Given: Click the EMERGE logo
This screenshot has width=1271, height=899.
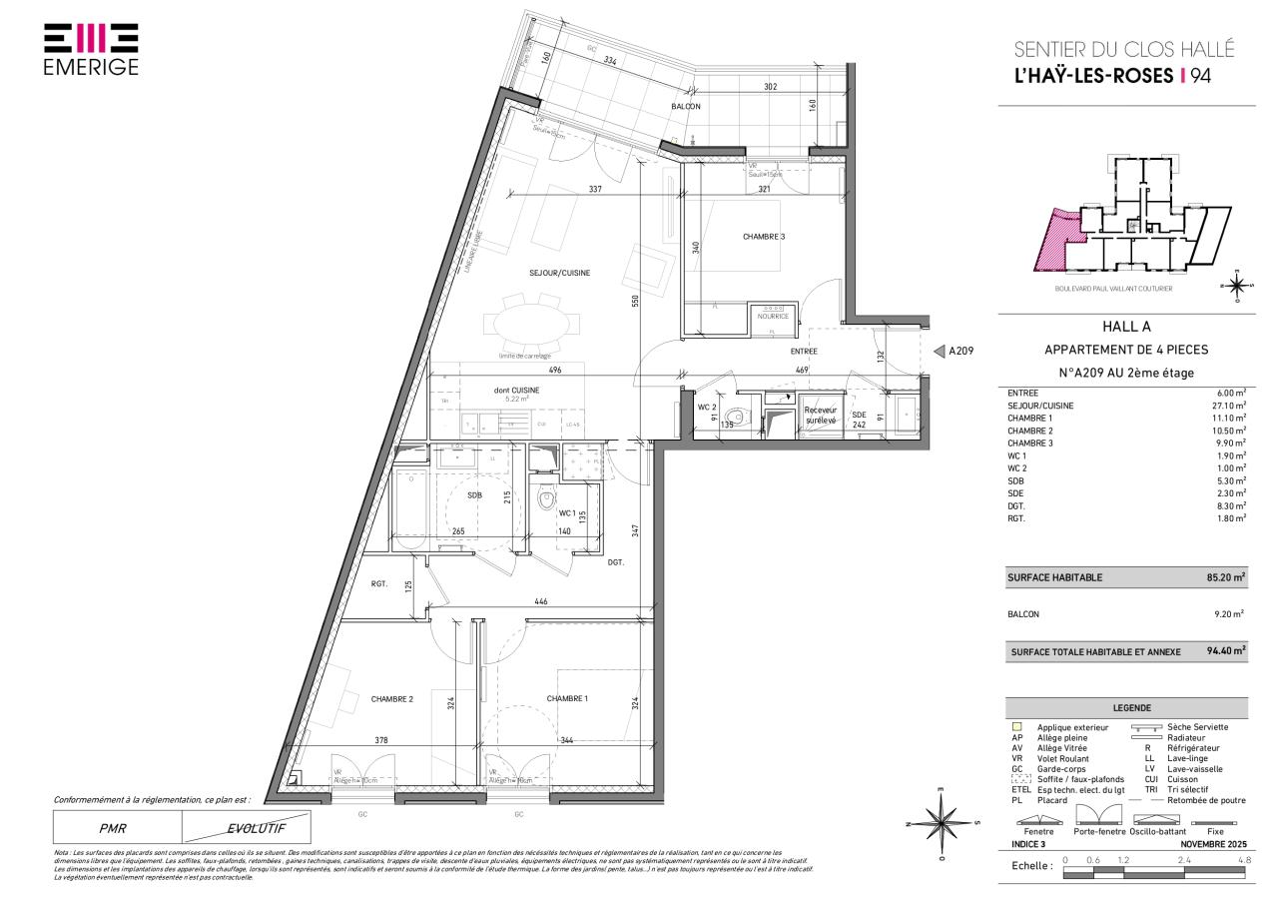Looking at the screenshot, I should [x=91, y=49].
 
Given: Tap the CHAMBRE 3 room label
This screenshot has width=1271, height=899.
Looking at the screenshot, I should [x=764, y=237].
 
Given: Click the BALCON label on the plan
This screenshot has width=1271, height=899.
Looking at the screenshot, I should [x=685, y=107].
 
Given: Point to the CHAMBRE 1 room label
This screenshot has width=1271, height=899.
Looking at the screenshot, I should [x=566, y=698].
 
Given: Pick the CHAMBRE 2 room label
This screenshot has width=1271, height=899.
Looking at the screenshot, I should [x=391, y=699].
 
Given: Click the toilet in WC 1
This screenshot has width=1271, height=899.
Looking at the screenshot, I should [x=546, y=497].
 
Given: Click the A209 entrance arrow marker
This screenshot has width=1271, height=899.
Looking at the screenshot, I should [x=939, y=351].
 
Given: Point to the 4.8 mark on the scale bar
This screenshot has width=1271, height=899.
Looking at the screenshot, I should [x=1244, y=860].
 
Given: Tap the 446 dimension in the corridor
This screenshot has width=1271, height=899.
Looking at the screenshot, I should [x=541, y=602].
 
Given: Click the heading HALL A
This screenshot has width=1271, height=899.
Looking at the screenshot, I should [x=1125, y=326].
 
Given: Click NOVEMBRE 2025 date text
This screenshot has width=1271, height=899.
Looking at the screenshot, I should [x=1210, y=845].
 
